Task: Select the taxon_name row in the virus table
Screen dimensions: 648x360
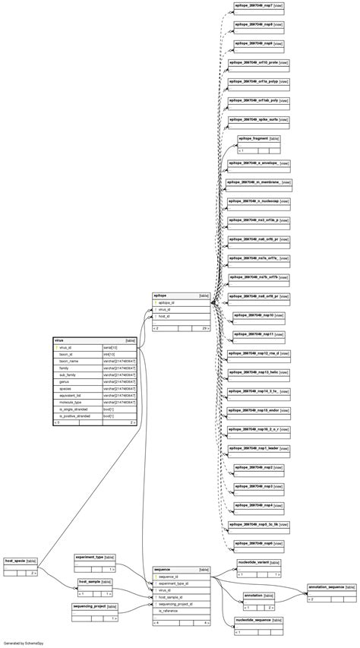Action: click(70, 361)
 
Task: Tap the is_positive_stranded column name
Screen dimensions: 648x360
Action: click(74, 416)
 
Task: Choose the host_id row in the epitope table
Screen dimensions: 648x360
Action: click(164, 316)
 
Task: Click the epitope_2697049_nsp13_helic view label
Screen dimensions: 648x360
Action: click(258, 372)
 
